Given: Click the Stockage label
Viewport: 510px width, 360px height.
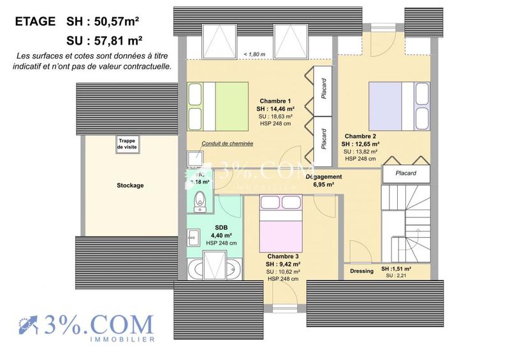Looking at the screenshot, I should coord(130,185).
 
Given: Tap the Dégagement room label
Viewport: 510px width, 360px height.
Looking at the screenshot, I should coord(323,180).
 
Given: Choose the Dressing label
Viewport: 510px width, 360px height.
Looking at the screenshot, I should coord(361,271).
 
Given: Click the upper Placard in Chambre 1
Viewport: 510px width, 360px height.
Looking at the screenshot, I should coord(324,91).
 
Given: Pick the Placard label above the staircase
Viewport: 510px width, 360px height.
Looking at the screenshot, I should coord(405,173).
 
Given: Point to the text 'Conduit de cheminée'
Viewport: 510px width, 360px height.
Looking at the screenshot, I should coord(227,144).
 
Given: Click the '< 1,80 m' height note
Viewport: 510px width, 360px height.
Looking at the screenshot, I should coord(253,55).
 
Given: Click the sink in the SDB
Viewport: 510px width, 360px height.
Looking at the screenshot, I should coord(194,237).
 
